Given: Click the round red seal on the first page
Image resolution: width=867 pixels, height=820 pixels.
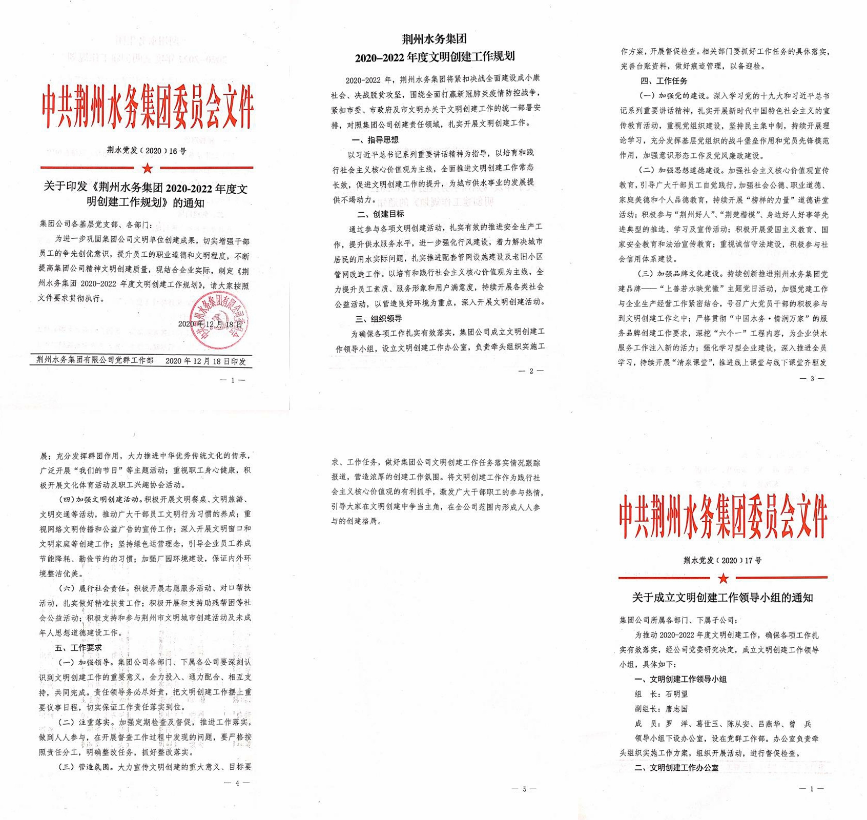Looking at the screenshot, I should [x=219, y=320].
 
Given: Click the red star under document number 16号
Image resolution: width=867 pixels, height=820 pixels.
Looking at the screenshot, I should [x=148, y=168].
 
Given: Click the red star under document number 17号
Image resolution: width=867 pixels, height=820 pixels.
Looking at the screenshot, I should [x=723, y=578].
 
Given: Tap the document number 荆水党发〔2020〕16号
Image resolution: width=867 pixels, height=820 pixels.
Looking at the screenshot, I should [x=147, y=151].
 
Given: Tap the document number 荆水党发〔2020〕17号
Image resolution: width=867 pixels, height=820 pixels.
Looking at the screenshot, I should [x=723, y=560].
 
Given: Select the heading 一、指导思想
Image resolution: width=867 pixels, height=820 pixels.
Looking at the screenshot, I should [x=375, y=139].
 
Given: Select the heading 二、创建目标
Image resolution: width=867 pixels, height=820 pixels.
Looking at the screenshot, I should [x=380, y=214].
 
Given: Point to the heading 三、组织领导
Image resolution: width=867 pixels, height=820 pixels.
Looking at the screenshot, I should [x=379, y=319].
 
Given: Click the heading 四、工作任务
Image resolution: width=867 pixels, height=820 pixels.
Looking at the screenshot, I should [x=664, y=81].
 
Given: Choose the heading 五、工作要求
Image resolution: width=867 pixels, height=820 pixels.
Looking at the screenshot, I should [x=78, y=647].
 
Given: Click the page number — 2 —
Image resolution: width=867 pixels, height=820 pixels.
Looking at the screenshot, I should [x=531, y=371].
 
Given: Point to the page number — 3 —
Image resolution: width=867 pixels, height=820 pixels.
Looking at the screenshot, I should [x=812, y=378].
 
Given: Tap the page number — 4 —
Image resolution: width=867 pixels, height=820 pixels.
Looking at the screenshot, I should [x=237, y=783].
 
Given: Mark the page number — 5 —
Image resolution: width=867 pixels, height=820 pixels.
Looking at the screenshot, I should [x=524, y=789].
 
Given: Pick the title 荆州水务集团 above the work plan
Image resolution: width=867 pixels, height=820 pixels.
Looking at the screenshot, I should [x=434, y=39].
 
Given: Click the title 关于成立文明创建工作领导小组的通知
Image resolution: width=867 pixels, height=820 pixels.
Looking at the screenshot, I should [x=723, y=598].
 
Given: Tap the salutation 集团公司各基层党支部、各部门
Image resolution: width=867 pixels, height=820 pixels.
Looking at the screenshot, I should [x=96, y=224].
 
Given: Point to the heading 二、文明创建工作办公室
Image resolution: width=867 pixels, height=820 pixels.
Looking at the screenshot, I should [x=676, y=768].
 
